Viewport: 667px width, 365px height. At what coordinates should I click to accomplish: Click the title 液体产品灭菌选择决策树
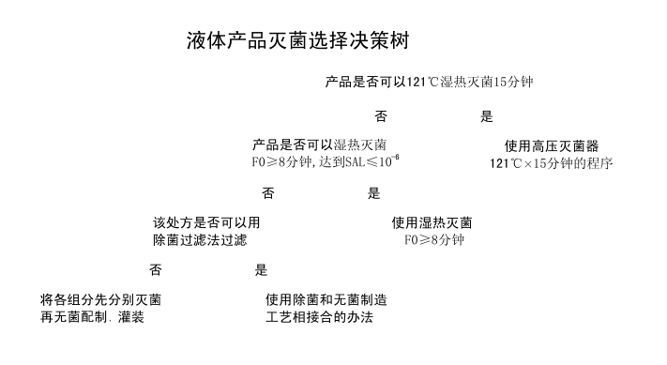[x=296, y=42]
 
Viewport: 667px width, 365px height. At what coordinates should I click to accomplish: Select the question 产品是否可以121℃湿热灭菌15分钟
[x=430, y=83]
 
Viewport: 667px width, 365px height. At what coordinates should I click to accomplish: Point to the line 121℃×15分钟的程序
[x=552, y=162]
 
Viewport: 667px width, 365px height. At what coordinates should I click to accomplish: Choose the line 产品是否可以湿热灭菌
[x=320, y=144]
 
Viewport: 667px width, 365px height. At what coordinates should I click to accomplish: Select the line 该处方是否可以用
[x=206, y=223]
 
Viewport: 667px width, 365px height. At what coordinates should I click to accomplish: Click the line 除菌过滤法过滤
[x=200, y=240]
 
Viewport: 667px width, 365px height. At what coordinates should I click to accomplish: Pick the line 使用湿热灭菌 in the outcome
[x=432, y=223]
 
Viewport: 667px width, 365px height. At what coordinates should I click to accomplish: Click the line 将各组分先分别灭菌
[x=100, y=300]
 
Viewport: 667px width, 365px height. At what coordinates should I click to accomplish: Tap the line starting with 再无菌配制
[x=92, y=317]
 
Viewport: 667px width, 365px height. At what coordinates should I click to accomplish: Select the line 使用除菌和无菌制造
[x=326, y=300]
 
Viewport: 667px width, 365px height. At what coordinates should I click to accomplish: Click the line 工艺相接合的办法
[x=319, y=317]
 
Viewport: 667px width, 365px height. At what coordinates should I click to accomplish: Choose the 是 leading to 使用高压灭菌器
[x=486, y=117]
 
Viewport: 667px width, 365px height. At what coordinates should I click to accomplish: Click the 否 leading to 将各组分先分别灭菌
[x=155, y=271]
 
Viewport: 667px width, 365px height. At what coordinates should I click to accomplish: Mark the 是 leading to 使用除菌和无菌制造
[x=261, y=271]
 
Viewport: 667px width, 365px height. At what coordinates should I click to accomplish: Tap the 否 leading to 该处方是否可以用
[x=268, y=194]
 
